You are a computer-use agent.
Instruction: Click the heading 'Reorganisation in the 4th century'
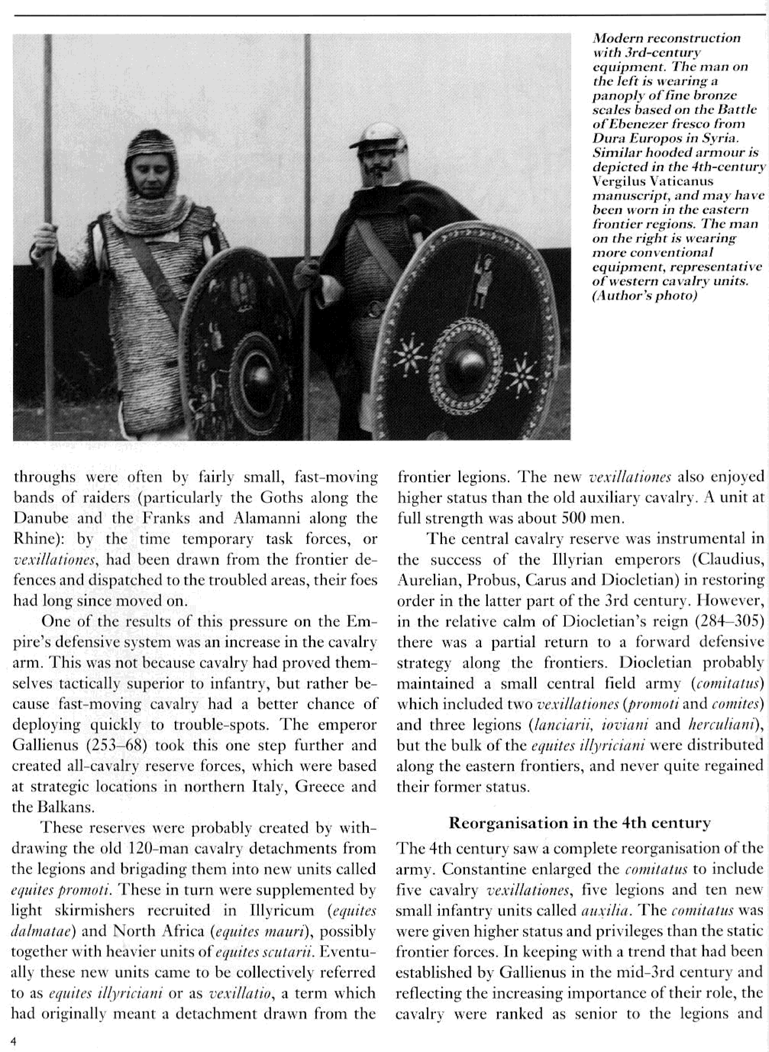coord(579,823)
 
